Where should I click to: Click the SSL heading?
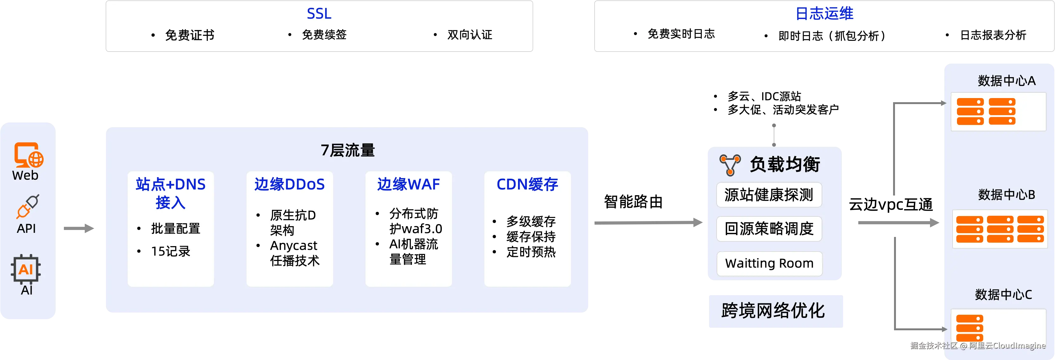point(319,14)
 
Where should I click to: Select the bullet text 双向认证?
point(469,35)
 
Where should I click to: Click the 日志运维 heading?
point(824,14)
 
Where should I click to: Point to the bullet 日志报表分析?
point(993,35)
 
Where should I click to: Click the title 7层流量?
point(347,150)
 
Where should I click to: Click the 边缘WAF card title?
point(408,184)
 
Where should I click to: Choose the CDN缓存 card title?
point(527,184)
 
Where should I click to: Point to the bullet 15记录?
point(170,251)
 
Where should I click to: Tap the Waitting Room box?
point(769,263)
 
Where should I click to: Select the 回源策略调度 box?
point(769,228)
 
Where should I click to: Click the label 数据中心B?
point(1006,195)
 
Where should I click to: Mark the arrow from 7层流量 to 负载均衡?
point(647,222)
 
